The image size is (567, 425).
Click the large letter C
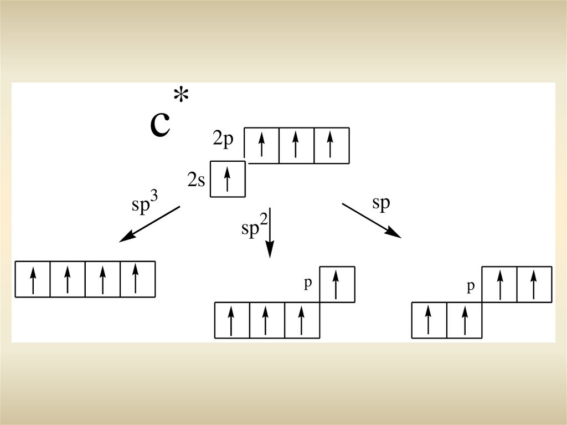pos(159,125)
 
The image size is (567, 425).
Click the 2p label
pos(224,139)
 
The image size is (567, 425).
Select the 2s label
pos(197,180)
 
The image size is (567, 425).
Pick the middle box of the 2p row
pos(296,145)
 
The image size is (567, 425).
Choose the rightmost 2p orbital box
pos(331,145)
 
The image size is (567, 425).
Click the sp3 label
pos(145,202)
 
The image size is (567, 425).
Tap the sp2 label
pos(254,227)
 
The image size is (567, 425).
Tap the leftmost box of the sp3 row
pos(33,279)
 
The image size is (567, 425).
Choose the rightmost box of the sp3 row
pos(137,279)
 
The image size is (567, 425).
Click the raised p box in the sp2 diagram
pos(337,284)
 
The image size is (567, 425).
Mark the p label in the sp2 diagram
pos(308,283)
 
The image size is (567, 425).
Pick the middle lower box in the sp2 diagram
pos(267,320)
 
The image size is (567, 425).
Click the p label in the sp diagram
pos(471,286)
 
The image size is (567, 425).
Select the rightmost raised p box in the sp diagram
pos(534,284)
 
